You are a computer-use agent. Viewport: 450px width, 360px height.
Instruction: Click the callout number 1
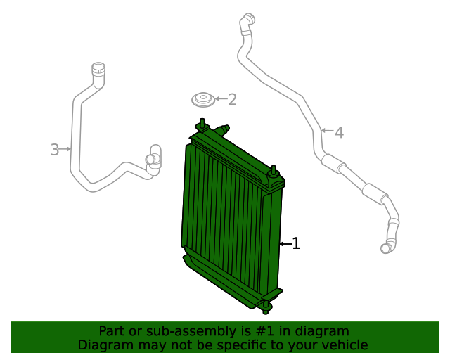click(x=297, y=244)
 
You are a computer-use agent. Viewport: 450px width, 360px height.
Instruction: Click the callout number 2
click(x=232, y=99)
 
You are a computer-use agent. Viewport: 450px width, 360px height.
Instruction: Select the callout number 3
click(x=55, y=149)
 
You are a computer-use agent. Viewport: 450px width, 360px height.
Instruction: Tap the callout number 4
click(x=339, y=132)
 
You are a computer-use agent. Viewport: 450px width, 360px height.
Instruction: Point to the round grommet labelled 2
click(x=203, y=99)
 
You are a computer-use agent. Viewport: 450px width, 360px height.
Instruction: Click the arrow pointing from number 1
click(x=285, y=244)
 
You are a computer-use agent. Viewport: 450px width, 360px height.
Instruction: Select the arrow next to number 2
click(x=219, y=99)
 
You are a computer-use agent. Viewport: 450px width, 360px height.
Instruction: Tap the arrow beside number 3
click(x=66, y=149)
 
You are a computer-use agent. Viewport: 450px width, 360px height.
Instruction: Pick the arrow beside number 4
click(x=326, y=131)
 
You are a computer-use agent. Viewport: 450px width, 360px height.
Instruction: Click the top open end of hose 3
click(x=97, y=69)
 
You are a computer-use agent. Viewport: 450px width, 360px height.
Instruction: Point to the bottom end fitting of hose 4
click(x=387, y=246)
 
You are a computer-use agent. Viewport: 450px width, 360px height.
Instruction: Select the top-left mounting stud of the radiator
click(x=202, y=125)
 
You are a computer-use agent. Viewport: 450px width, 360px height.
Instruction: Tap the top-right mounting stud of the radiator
click(x=274, y=171)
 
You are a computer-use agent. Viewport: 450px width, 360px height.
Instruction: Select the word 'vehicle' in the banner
click(x=343, y=345)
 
